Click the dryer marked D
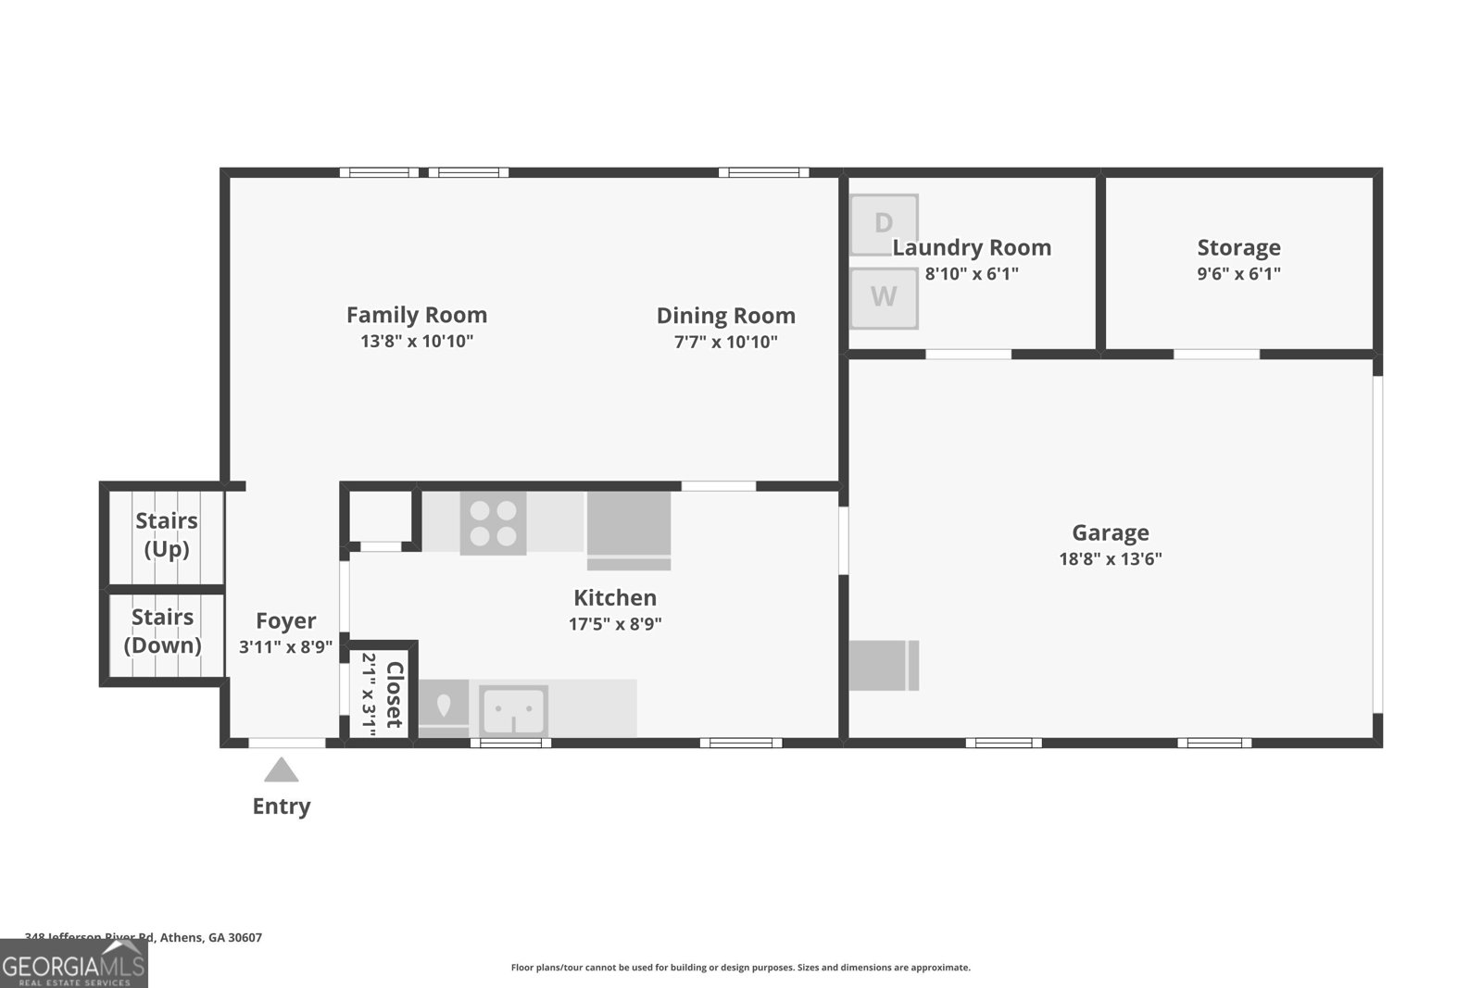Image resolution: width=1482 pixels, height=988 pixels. point(884,223)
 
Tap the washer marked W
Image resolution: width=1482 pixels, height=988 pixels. point(884,297)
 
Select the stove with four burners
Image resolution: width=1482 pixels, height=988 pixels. point(493,523)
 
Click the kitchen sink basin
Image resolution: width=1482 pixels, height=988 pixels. point(514,711)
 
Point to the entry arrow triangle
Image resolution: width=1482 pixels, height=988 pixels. point(282,770)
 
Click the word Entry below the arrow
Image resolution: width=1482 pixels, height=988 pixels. point(282,807)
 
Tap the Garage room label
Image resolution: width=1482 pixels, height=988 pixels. point(1110,532)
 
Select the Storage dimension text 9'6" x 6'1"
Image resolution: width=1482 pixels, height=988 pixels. point(1238,274)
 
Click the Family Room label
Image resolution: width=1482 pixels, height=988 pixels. point(417,315)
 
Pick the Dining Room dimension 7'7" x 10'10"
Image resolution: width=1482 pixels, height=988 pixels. point(725,342)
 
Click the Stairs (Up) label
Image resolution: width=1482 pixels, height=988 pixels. point(167,534)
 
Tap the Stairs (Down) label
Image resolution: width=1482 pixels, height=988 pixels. point(163,631)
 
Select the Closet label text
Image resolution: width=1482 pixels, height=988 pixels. point(395,694)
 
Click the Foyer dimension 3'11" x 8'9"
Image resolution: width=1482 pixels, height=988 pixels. point(285,647)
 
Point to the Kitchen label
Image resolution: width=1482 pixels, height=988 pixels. point(615,597)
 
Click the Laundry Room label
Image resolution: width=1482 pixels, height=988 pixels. point(972,247)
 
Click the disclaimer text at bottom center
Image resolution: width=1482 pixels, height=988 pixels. point(740,968)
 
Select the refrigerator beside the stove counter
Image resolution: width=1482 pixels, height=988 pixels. point(628,530)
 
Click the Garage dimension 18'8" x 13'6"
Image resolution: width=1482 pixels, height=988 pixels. point(1110,558)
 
